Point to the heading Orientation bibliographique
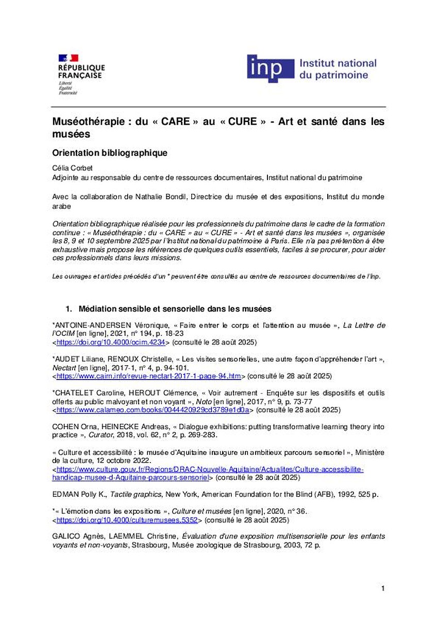click(110, 153)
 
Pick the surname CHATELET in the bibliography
click(73, 393)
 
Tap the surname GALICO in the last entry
click(66, 536)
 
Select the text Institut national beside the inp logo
click(338, 63)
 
